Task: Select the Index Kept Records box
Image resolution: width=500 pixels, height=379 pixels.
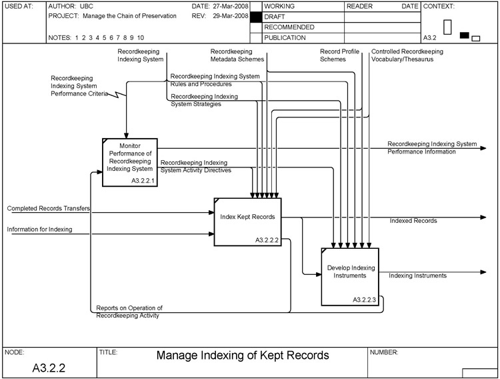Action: click(247, 221)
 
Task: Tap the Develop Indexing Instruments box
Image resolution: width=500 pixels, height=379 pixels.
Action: click(350, 276)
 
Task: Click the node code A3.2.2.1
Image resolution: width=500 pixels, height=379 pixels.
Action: click(143, 181)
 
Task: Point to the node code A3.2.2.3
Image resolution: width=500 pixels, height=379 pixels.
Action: click(364, 300)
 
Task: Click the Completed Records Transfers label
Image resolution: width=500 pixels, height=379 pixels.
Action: click(49, 209)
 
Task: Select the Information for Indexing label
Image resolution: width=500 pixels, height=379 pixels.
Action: click(39, 230)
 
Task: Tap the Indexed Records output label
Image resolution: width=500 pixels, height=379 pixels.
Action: click(413, 221)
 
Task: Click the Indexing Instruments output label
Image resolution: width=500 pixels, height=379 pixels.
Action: click(417, 276)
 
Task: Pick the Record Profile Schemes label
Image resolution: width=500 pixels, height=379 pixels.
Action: click(341, 55)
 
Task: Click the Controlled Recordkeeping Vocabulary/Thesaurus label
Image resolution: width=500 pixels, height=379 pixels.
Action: click(407, 55)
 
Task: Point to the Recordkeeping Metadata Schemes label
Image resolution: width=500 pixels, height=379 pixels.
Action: click(236, 55)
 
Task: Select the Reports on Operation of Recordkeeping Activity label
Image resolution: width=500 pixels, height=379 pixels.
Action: click(129, 312)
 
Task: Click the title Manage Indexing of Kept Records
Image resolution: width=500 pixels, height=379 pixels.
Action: click(243, 356)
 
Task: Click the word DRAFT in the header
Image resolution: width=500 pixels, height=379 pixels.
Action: click(275, 17)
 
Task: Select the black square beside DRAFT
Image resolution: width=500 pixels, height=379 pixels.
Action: click(255, 17)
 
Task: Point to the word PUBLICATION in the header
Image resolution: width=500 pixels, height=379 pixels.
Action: click(285, 38)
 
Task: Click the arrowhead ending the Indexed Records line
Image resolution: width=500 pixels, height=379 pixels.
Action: click(483, 217)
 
